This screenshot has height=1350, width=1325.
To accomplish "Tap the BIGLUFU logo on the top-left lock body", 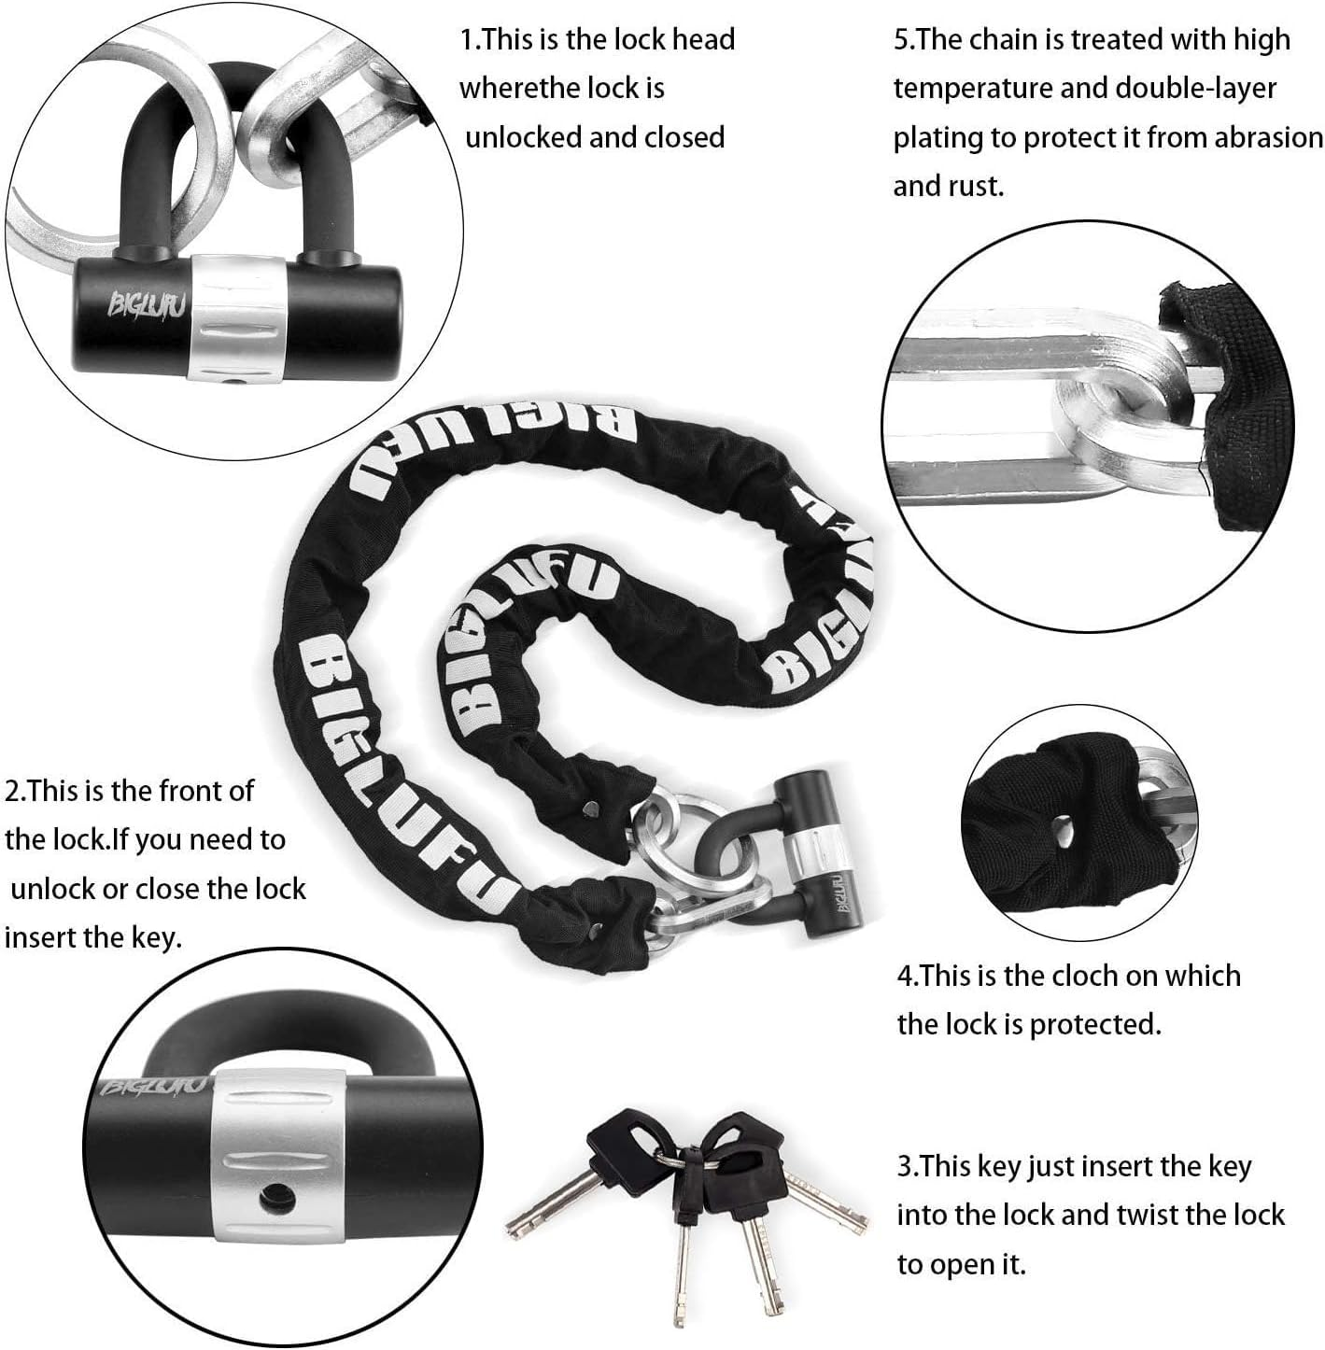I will [x=134, y=305].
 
